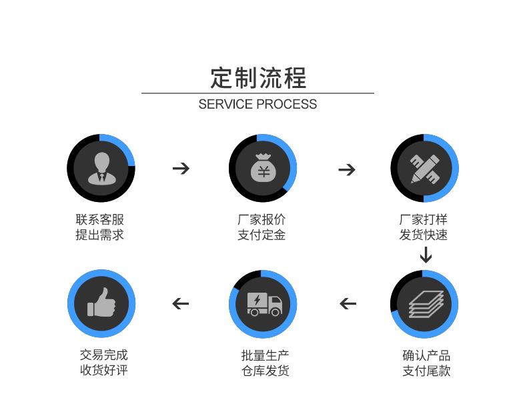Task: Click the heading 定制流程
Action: [x=258, y=78]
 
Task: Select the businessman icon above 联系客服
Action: [x=101, y=168]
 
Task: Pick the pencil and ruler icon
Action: [x=425, y=169]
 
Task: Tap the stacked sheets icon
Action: [x=426, y=304]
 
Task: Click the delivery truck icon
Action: [x=265, y=304]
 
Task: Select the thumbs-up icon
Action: [x=101, y=302]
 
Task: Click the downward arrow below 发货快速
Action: [x=426, y=255]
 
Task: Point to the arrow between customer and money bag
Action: [x=181, y=168]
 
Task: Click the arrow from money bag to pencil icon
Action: [x=347, y=169]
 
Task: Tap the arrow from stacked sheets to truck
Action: [x=348, y=304]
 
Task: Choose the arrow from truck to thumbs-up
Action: [x=181, y=304]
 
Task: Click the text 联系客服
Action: [x=100, y=219]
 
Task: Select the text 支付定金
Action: [x=261, y=235]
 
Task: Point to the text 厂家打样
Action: [x=424, y=219]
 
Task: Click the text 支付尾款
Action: [x=426, y=371]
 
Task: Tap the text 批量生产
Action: [x=266, y=355]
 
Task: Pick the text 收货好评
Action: [x=104, y=370]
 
